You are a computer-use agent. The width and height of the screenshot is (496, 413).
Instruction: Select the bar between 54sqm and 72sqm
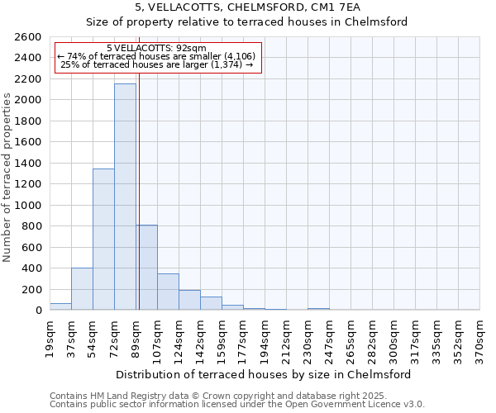coord(103,240)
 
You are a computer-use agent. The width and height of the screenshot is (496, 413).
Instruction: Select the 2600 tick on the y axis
coord(29,37)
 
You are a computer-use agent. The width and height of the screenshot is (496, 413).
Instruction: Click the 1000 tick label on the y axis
coord(29,206)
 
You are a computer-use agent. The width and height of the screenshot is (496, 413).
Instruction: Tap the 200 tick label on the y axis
coord(32,290)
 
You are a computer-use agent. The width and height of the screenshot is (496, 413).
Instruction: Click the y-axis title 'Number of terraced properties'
coord(7,178)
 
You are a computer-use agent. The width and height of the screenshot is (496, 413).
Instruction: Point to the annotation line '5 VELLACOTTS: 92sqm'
coord(157,49)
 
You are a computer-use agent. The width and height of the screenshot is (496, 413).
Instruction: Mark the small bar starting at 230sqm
coord(318,309)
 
